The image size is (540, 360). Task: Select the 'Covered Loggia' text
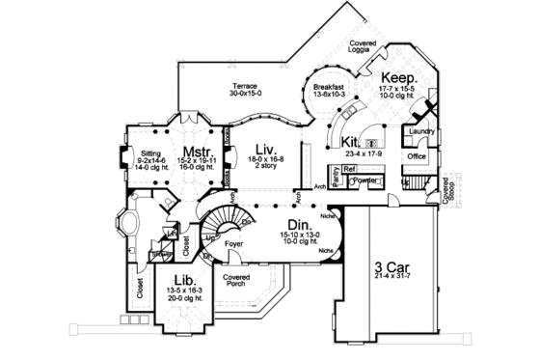[362, 44]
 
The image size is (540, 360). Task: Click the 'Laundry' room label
[420, 130]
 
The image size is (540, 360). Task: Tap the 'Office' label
[416, 155]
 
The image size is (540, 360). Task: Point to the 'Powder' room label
[364, 180]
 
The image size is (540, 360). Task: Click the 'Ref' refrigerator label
[349, 168]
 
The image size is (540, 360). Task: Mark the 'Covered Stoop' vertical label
[446, 191]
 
